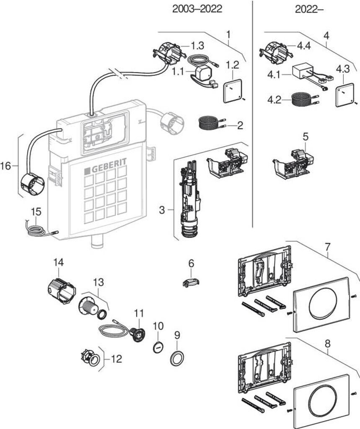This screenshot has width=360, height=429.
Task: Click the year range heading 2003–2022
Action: [x=197, y=9]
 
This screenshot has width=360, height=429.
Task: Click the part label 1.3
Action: [x=197, y=45]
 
